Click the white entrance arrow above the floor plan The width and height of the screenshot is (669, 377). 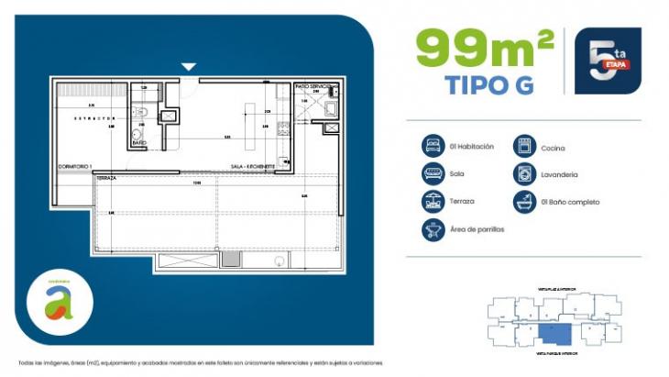coord(189,66)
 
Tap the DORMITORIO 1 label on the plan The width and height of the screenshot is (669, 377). coord(77,166)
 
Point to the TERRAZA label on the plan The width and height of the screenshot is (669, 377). coord(107,179)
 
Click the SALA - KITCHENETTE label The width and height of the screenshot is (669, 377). coord(253,167)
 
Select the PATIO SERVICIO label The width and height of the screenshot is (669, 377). coord(312,86)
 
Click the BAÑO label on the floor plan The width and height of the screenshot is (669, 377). coord(139,143)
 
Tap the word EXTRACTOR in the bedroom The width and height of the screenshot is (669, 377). coord(94,118)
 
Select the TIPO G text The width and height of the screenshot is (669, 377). coord(490,83)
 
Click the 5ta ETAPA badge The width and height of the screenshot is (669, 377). coord(607,60)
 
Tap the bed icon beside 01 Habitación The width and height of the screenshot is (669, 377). coord(433,147)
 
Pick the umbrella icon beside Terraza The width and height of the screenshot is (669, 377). coord(433,201)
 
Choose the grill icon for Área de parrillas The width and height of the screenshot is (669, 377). coord(433,229)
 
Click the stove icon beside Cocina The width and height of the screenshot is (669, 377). coord(524,147)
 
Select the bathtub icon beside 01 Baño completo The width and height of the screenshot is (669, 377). coord(524,201)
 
